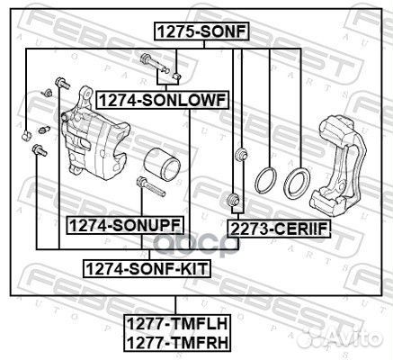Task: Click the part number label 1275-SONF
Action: click(x=201, y=31)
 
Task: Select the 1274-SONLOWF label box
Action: click(x=162, y=100)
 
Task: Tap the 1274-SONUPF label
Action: click(x=125, y=225)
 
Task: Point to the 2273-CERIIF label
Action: click(x=279, y=229)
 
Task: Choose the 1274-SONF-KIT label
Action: click(x=147, y=268)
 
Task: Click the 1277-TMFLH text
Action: click(x=177, y=324)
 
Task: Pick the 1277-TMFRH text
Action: click(x=177, y=342)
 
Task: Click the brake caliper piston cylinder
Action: click(x=162, y=165)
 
